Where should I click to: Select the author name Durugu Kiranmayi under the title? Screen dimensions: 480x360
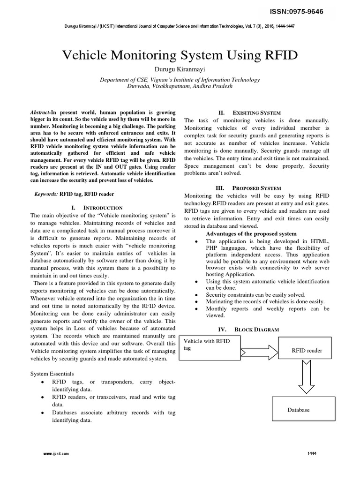coord(180,70)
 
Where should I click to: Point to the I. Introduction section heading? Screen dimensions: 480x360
coord(97,207)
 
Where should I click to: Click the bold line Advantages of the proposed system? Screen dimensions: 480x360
coord(251,233)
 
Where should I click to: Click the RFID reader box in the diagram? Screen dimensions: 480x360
coord(307,350)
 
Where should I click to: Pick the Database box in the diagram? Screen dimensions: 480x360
coord(303,410)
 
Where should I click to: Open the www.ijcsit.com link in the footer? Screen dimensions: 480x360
coord(56,454)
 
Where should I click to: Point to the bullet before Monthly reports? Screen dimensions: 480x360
coord(195,309)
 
